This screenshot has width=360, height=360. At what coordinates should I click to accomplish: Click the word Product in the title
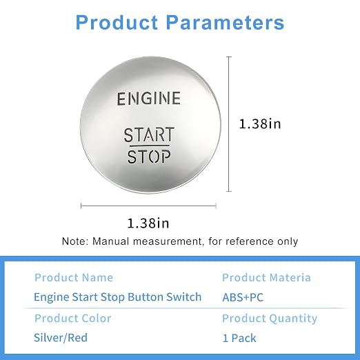(117, 22)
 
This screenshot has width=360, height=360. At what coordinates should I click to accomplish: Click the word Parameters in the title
(226, 22)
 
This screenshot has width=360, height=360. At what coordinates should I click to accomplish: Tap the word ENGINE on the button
(149, 99)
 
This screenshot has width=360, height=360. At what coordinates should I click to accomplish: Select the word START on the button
(149, 134)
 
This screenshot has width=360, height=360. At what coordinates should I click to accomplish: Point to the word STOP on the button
(149, 157)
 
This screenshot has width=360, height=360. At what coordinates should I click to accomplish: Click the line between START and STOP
(150, 146)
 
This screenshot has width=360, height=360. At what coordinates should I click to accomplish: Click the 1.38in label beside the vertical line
(260, 123)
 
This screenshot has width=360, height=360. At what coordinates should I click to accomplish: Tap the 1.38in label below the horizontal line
(148, 223)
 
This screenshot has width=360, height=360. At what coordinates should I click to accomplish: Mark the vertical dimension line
(229, 124)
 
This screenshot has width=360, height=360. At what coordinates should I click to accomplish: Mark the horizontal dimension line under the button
(148, 206)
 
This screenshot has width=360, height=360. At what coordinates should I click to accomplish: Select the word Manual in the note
(110, 241)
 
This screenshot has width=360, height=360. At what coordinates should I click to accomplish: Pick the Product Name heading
(74, 277)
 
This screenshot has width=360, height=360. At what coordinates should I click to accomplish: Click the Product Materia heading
(266, 277)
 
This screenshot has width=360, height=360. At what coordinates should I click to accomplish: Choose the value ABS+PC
(243, 297)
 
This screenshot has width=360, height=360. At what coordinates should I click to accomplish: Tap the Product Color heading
(73, 319)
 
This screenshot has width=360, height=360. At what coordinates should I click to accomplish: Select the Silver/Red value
(61, 338)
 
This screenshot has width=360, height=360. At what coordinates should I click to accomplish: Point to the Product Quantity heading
(270, 319)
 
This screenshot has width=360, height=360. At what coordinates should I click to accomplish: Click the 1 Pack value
(239, 338)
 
